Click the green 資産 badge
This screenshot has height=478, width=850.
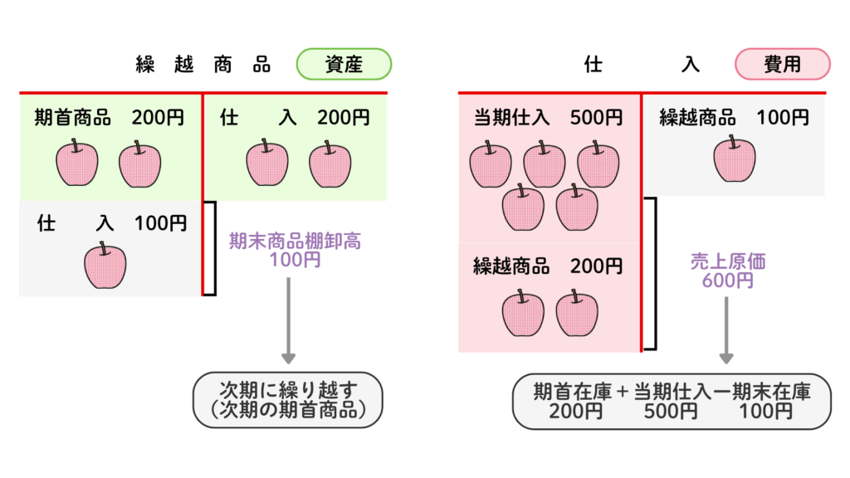[344, 65]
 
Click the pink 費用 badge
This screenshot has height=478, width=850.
[781, 65]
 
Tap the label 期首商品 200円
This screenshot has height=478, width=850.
[110, 118]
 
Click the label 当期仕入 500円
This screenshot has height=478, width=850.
[548, 118]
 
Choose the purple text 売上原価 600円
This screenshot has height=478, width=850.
[727, 271]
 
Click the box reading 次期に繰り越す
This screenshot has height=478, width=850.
[288, 400]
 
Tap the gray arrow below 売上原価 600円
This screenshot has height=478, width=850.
[726, 330]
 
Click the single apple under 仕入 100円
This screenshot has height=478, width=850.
[105, 266]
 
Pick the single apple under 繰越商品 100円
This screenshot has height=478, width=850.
[735, 159]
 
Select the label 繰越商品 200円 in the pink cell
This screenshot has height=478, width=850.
[548, 266]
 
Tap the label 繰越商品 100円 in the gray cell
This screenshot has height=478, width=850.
[734, 118]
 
